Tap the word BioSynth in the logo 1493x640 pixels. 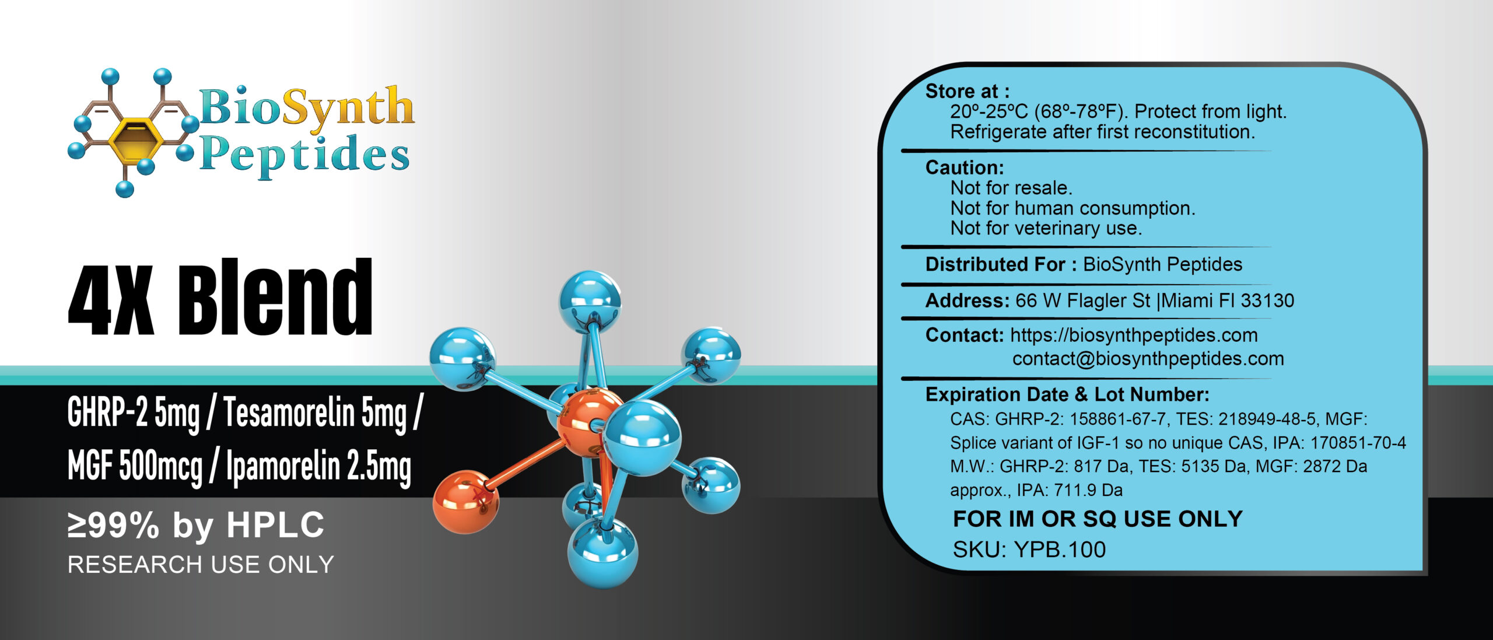307,109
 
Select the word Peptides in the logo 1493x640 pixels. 304,155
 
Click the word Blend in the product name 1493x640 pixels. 275,298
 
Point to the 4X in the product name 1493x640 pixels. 111,300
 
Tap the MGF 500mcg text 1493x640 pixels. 135,466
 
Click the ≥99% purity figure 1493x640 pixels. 113,525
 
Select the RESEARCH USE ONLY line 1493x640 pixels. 201,565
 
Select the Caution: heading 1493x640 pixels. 965,168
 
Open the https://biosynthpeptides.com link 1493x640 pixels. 1134,335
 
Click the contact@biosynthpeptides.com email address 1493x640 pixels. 1148,359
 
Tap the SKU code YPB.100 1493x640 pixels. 1059,550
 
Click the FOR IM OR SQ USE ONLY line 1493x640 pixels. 1098,519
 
